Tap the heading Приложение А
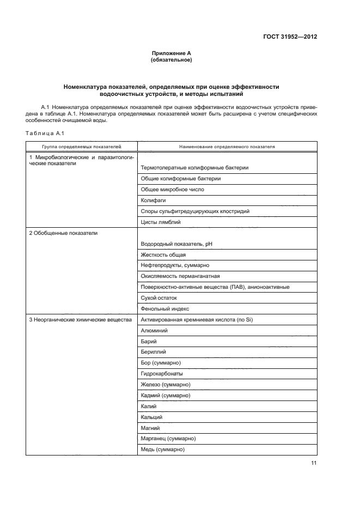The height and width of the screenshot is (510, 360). point(172,53)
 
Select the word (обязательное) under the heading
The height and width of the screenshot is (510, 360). point(172,60)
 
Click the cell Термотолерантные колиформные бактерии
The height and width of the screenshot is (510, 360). point(194,168)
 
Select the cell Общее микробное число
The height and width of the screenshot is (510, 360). point(172,190)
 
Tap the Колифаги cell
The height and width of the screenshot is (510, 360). point(153,201)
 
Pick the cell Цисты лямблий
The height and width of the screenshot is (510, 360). point(161,222)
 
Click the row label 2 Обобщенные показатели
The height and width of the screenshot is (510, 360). point(63,233)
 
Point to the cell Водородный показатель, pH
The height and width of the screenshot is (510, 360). point(176,244)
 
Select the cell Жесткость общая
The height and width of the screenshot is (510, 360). point(163,255)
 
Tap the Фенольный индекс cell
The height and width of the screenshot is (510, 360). point(165,309)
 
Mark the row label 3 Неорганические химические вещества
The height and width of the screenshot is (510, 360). point(80,320)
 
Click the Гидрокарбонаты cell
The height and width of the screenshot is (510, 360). point(162,374)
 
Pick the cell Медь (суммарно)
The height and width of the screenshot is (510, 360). point(163,450)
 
